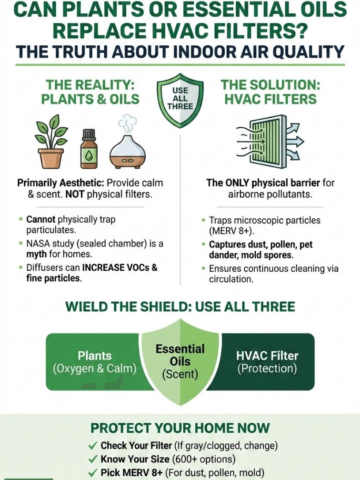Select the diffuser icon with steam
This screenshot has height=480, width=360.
(128, 145)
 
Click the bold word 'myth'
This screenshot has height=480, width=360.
(37, 255)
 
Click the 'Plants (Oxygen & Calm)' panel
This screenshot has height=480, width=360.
(95, 362)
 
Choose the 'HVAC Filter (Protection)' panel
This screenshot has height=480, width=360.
(267, 362)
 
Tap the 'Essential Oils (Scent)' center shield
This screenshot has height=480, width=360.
(180, 361)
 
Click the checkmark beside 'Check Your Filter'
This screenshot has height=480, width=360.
(93, 446)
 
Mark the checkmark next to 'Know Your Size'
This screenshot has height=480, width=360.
(93, 460)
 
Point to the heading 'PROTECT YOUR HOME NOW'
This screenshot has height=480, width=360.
(180, 428)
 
